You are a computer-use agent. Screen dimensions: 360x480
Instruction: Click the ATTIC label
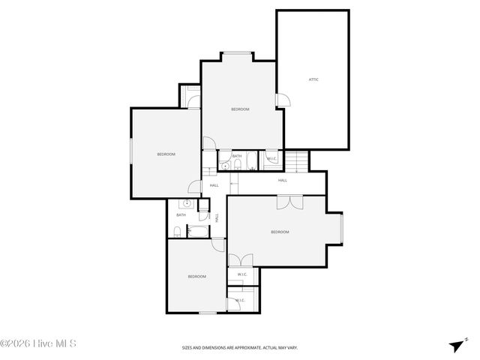pyautogui.click(x=313, y=79)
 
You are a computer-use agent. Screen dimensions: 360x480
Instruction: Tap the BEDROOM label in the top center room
pyautogui.click(x=240, y=109)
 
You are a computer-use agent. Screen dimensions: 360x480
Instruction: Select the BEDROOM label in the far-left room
pyautogui.click(x=166, y=154)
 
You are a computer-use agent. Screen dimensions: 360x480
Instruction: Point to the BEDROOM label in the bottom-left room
pyautogui.click(x=196, y=277)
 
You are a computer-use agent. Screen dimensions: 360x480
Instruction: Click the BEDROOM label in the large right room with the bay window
pyautogui.click(x=280, y=232)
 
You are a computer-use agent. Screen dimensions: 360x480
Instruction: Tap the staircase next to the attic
pyautogui.click(x=299, y=161)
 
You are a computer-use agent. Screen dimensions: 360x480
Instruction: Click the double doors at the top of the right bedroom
pyautogui.click(x=289, y=202)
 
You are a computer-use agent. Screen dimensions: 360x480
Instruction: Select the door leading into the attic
pyautogui.click(x=280, y=100)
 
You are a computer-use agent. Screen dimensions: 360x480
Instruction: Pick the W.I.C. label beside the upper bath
pyautogui.click(x=271, y=158)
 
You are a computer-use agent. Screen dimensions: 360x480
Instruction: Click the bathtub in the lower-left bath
pyautogui.click(x=198, y=231)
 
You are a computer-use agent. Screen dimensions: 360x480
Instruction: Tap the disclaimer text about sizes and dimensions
pyautogui.click(x=239, y=348)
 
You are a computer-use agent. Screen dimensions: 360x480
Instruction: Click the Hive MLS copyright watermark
pyautogui.click(x=39, y=344)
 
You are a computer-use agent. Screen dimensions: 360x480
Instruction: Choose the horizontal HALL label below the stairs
pyautogui.click(x=283, y=180)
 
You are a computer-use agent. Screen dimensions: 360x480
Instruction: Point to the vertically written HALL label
pyautogui.click(x=217, y=217)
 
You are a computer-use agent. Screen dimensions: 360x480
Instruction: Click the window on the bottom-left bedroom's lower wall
pyautogui.click(x=206, y=312)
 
